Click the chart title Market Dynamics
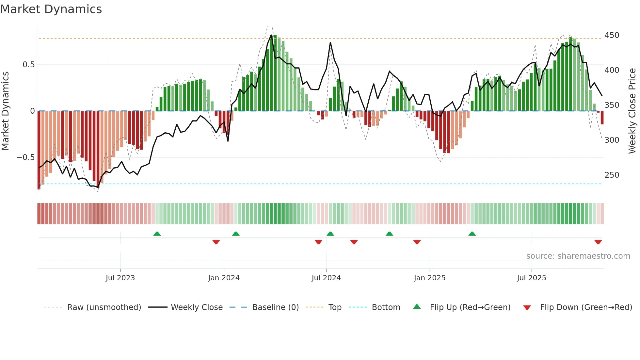[51, 9]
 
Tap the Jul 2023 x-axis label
[120, 278]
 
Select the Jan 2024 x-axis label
[224, 278]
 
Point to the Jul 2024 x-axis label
[326, 278]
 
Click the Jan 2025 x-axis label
[429, 278]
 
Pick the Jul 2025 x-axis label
[531, 278]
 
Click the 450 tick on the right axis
[612, 35]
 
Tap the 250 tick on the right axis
[612, 175]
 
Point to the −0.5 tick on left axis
[26, 157]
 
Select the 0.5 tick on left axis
[28, 65]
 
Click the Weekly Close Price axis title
[632, 111]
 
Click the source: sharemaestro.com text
[578, 256]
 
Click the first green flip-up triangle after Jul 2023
[157, 234]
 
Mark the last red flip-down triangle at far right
[598, 242]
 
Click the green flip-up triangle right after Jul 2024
[330, 234]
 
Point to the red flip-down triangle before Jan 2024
[216, 242]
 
